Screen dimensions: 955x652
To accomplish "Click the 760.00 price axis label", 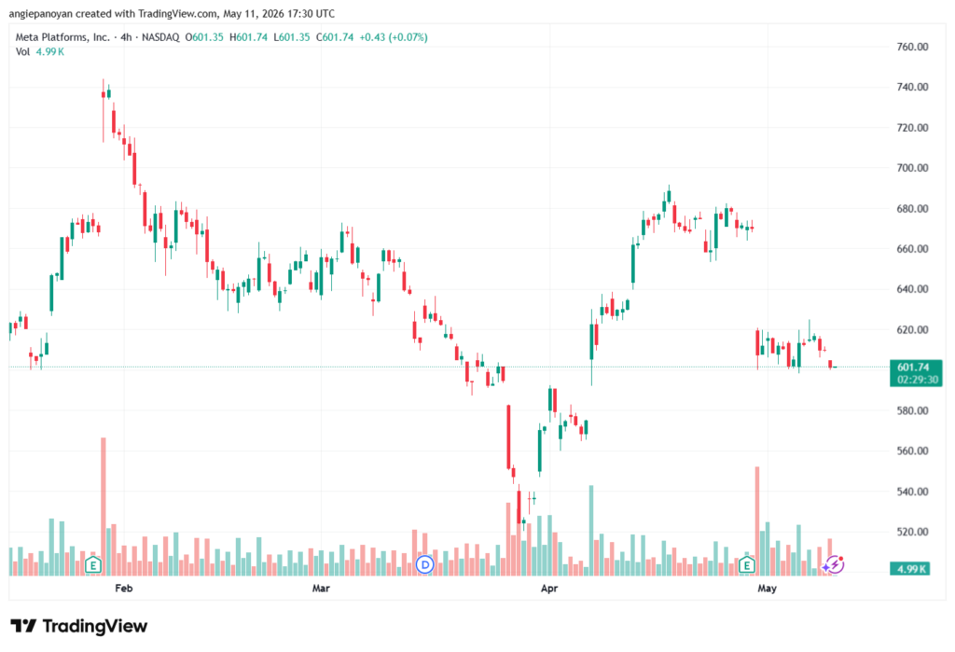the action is click(x=912, y=47).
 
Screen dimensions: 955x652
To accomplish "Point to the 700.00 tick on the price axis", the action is click(x=912, y=168).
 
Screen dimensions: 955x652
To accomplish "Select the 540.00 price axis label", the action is click(x=912, y=492).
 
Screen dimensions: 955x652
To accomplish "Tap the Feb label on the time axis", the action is click(x=124, y=588).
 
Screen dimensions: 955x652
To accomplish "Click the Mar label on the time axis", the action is click(x=321, y=588).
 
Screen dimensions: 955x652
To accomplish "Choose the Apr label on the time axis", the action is click(x=549, y=588).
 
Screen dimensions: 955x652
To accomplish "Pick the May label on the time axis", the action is click(x=767, y=588).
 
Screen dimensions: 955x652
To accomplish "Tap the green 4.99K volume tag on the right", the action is click(x=910, y=569).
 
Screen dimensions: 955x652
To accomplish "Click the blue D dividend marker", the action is click(x=424, y=565).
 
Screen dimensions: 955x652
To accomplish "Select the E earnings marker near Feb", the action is click(x=93, y=565).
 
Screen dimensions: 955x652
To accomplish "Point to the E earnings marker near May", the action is click(x=747, y=565).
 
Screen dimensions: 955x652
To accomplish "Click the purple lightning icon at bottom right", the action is click(x=833, y=565).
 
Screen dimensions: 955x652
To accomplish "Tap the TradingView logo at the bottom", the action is click(x=79, y=626).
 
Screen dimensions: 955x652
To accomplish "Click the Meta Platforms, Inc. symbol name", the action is click(x=62, y=37).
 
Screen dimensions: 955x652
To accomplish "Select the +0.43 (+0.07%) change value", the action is click(x=394, y=37).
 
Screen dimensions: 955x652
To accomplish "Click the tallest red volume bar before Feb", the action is click(x=104, y=506).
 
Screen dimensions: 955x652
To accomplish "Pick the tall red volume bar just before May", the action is click(x=757, y=521).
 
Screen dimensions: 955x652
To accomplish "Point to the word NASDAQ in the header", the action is click(x=160, y=37).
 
